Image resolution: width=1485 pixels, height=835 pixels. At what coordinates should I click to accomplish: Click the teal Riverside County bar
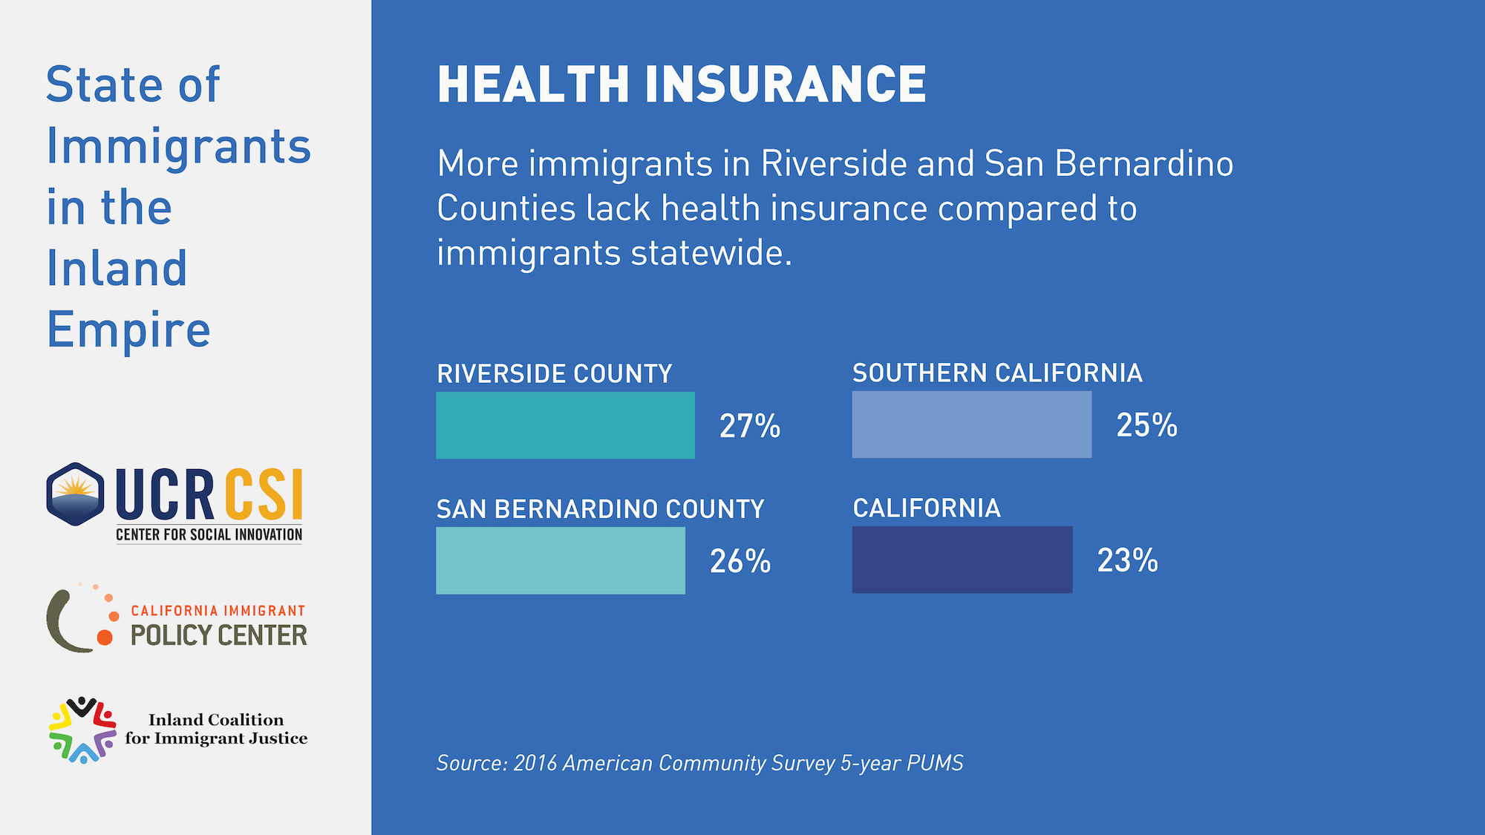pos(565,425)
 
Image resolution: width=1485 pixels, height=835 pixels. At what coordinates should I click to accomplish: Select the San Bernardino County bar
pos(560,560)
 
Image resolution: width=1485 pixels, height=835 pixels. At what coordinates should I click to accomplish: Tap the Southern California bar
pos(971,425)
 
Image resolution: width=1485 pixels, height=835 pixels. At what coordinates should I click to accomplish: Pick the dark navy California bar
pos(962,560)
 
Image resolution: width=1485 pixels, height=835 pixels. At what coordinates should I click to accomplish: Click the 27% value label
pos(749,426)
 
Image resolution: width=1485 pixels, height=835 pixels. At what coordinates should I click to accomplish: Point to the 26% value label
pos(740,561)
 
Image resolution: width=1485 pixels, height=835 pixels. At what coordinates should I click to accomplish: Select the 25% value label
pos(1146,425)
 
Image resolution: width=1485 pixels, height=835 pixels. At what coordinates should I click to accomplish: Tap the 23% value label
pos(1127,560)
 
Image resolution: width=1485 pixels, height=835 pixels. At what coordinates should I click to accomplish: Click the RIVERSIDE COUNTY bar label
pos(554,373)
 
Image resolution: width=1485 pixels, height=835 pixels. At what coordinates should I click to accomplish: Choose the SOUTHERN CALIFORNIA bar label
pos(996,373)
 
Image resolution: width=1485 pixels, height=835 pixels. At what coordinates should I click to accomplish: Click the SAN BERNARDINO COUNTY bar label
pos(600,509)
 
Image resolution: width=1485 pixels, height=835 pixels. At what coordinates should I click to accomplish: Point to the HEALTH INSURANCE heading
pos(682,84)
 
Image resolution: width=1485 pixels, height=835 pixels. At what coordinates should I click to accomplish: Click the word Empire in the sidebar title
pos(128,330)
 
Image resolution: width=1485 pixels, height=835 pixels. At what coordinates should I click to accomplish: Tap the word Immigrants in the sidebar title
pos(178,146)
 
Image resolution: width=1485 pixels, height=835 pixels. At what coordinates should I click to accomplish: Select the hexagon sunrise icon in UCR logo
pos(75,494)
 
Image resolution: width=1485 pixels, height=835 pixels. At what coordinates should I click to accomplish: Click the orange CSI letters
pos(264,495)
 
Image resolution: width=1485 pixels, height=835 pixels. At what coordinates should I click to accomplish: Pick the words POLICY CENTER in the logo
pos(218,635)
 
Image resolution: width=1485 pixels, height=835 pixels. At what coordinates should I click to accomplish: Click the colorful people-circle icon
pos(82,730)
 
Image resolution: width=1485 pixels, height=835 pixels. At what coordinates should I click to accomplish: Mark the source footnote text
pos(699,763)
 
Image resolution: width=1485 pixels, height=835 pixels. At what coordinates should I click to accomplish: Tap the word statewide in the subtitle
pos(711,253)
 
